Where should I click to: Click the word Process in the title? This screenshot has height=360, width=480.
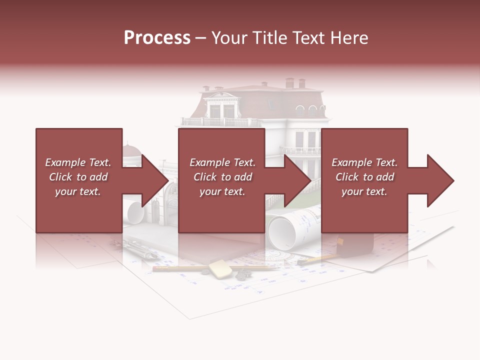[x=157, y=38]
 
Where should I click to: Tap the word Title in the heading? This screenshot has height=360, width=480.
[x=270, y=38]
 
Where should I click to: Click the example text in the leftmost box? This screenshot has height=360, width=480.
[x=78, y=177]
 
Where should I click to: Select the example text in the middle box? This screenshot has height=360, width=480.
[x=222, y=177]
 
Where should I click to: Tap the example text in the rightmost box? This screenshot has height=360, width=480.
[x=364, y=177]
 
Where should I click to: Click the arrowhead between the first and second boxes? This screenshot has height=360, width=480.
[x=154, y=180]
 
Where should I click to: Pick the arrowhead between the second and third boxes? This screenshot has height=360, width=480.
[x=297, y=180]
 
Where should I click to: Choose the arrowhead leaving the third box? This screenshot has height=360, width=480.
[x=440, y=180]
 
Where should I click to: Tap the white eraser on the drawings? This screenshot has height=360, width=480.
[x=220, y=268]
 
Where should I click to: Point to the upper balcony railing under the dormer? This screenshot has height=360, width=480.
[x=220, y=121]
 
